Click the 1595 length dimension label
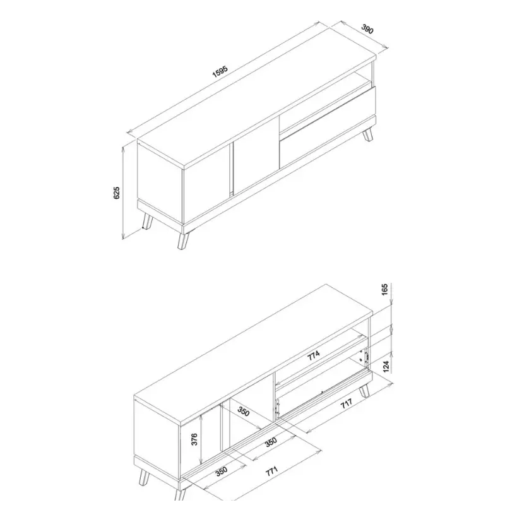click(220, 71)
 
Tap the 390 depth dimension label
click(367, 29)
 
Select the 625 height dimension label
click(117, 193)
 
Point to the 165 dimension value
click(385, 290)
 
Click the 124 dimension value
click(386, 367)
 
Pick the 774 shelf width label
click(313, 355)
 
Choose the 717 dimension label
click(347, 403)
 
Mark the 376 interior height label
click(194, 439)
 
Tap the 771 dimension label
click(271, 471)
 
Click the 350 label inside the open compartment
click(244, 412)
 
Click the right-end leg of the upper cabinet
click(368, 134)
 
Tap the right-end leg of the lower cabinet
click(365, 391)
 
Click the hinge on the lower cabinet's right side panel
click(365, 357)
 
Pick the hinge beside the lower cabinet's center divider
click(276, 407)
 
